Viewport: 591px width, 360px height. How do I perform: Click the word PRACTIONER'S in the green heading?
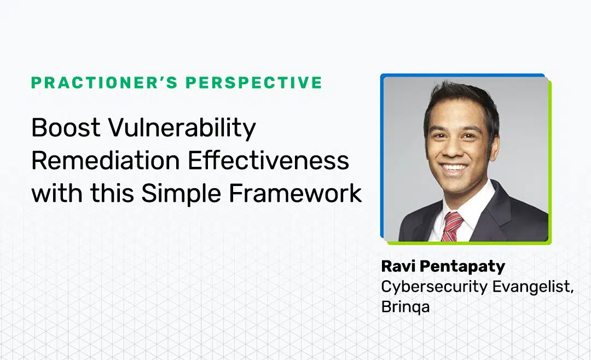pos(104,83)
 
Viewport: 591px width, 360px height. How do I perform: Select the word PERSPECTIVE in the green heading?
pos(254,83)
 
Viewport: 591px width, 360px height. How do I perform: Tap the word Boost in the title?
pos(66,127)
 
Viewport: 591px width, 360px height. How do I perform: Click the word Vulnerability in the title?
pos(182,128)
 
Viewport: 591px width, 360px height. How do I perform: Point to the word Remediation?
pos(106,161)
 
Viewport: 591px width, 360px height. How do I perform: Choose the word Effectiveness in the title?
pos(268,161)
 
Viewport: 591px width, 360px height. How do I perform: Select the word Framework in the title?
pos(295,193)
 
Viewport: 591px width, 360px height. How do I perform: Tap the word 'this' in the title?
pos(112,193)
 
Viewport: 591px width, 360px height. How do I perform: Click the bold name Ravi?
pos(398,266)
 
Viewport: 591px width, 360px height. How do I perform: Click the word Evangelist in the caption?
pos(533,287)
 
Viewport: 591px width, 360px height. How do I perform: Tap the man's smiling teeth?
pos(454,167)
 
